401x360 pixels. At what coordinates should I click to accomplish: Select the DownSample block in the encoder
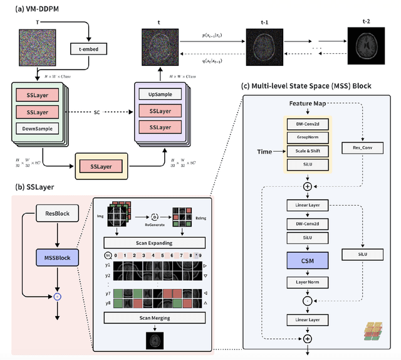click(x=38, y=128)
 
